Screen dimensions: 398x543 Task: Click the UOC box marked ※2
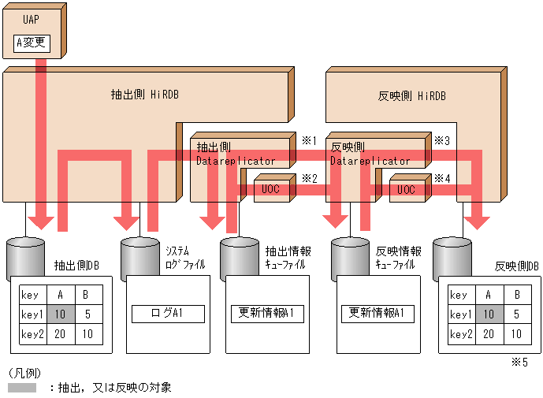pyautogui.click(x=270, y=189)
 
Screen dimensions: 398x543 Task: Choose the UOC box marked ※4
pyautogui.click(x=406, y=189)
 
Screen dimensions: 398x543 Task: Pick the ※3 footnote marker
pyautogui.click(x=442, y=140)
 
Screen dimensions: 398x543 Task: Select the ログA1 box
pyautogui.click(x=166, y=314)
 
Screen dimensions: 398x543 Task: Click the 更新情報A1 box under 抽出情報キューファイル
pyautogui.click(x=267, y=313)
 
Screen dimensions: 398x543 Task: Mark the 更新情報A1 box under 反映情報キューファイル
pyautogui.click(x=377, y=313)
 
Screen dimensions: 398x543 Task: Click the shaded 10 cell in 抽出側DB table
pyautogui.click(x=60, y=314)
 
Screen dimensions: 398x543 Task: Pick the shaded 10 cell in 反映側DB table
pyautogui.click(x=489, y=314)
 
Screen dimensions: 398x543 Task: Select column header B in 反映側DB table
pyautogui.click(x=516, y=296)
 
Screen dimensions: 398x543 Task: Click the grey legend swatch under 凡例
pyautogui.click(x=22, y=388)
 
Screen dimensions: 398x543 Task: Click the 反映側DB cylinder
pyautogui.click(x=452, y=254)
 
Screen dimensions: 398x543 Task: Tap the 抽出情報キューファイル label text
pyautogui.click(x=288, y=258)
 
